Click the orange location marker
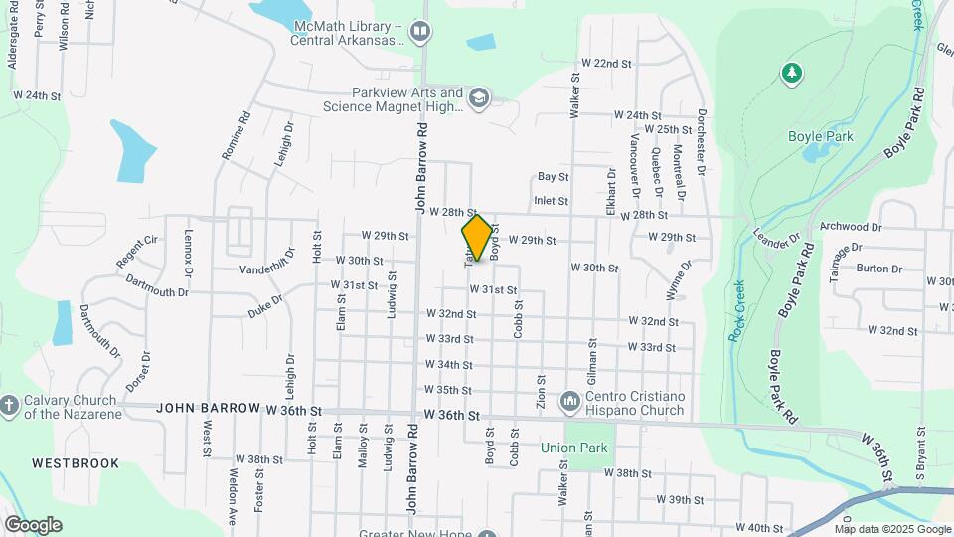click(x=477, y=238)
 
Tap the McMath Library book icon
click(x=420, y=32)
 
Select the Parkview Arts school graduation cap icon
click(x=480, y=97)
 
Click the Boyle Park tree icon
click(x=792, y=72)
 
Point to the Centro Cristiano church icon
click(x=570, y=401)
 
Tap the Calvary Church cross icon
click(x=9, y=406)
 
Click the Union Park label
click(x=573, y=447)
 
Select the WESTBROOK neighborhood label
click(x=75, y=463)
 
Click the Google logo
click(x=33, y=524)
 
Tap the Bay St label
click(x=553, y=177)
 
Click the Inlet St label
click(x=551, y=201)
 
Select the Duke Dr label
click(x=265, y=304)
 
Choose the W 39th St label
click(x=680, y=500)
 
